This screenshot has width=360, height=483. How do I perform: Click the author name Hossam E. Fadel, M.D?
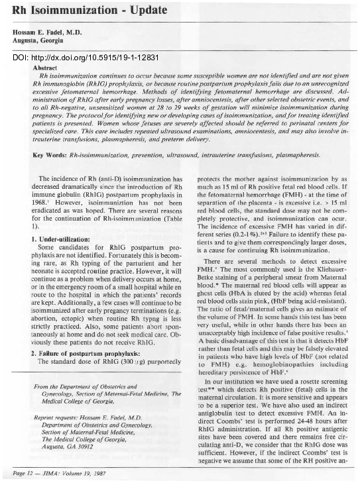(x=44, y=32)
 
